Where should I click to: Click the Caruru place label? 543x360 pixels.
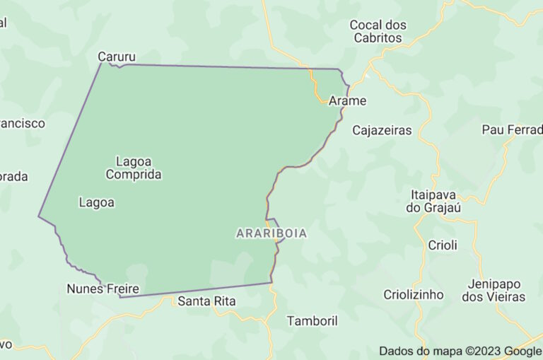117,57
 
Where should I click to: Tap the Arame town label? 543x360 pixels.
347,100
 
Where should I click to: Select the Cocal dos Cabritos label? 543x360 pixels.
378,31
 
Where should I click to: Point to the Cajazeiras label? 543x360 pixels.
382,130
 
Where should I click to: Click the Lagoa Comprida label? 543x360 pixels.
134,168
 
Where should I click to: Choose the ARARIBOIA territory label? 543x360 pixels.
271,233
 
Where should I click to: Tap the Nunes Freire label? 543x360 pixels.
103,289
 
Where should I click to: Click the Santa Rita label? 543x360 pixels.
206,301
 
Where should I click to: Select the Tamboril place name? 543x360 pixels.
312,320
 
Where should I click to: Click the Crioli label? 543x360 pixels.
443,245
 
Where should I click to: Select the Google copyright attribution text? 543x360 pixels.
460,351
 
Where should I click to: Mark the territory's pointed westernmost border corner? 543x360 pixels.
38,216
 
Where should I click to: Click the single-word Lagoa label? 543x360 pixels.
97,202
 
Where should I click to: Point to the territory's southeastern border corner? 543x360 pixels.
272,283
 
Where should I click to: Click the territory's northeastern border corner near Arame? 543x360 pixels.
340,70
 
